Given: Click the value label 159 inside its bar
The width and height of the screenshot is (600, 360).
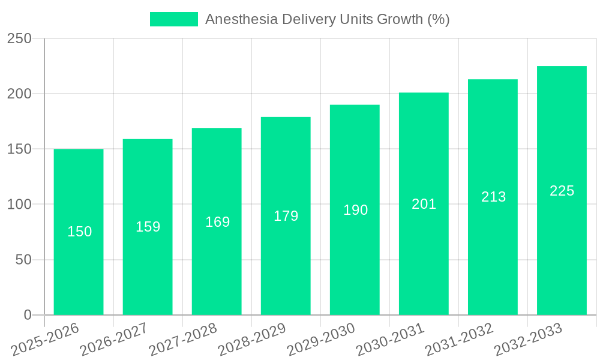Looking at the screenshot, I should tap(148, 227).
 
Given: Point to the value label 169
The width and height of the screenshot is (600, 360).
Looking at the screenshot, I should tap(217, 222).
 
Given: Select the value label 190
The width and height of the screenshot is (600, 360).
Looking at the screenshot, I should tap(355, 210).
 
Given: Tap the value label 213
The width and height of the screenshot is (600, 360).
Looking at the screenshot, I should tap(493, 197).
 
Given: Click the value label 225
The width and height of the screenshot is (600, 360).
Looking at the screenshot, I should tap(562, 191).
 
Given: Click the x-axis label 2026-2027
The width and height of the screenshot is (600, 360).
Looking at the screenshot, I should tap(114, 339).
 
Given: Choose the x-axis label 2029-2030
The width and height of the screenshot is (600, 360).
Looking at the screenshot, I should tap(321, 339).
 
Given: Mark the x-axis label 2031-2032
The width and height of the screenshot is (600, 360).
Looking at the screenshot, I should tap(459, 339).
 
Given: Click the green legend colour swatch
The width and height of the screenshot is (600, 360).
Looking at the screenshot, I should tap(173, 19).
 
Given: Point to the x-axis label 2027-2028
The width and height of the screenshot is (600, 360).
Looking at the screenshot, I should tap(183, 339).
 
